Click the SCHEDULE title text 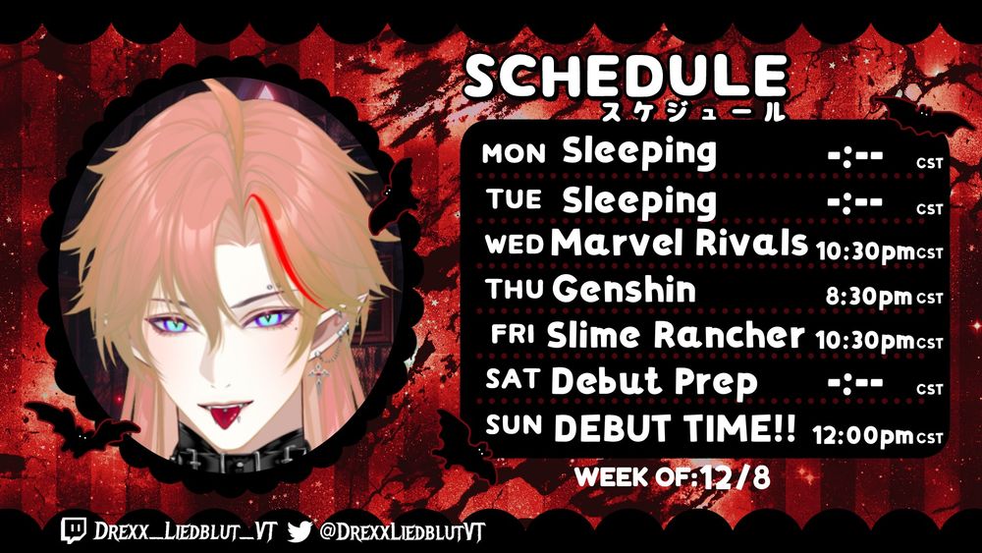[x=625, y=76]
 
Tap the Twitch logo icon [x=74, y=530]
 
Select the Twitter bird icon [x=300, y=531]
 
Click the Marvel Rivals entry [x=680, y=243]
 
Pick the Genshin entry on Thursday [x=624, y=290]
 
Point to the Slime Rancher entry [x=676, y=336]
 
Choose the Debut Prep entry [x=654, y=381]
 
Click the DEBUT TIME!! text [x=676, y=428]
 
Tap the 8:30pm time [x=869, y=297]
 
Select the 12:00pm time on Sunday [x=863, y=434]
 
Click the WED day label [x=515, y=245]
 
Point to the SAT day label [x=513, y=379]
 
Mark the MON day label [x=514, y=154]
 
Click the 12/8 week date [x=736, y=478]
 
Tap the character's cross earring [x=319, y=371]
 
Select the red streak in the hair [x=286, y=250]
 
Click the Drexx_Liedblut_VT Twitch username [x=186, y=531]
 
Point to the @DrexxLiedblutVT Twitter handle [x=402, y=532]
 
